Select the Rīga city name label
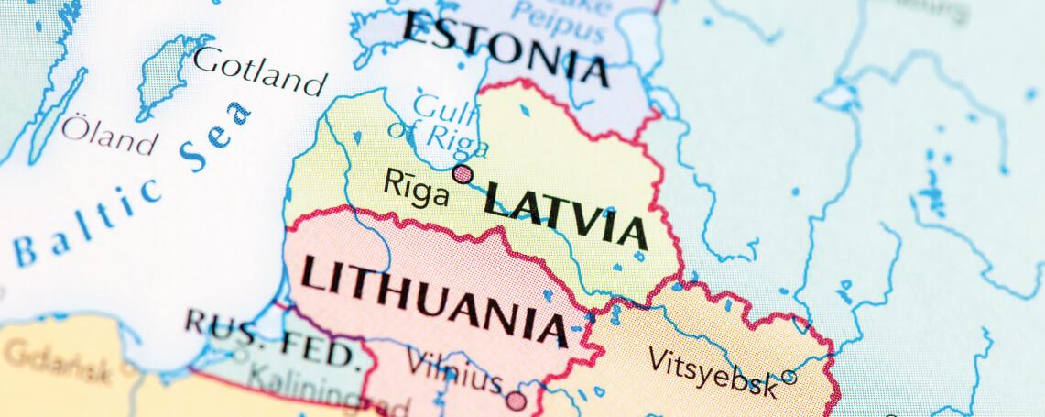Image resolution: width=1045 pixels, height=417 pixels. [x=417, y=191]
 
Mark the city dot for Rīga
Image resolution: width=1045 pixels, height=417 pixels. [x=463, y=174]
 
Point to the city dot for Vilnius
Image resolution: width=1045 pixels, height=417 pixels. [x=517, y=401]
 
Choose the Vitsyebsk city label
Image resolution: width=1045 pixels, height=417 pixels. [x=713, y=370]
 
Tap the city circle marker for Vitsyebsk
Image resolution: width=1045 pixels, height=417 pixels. [x=789, y=377]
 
